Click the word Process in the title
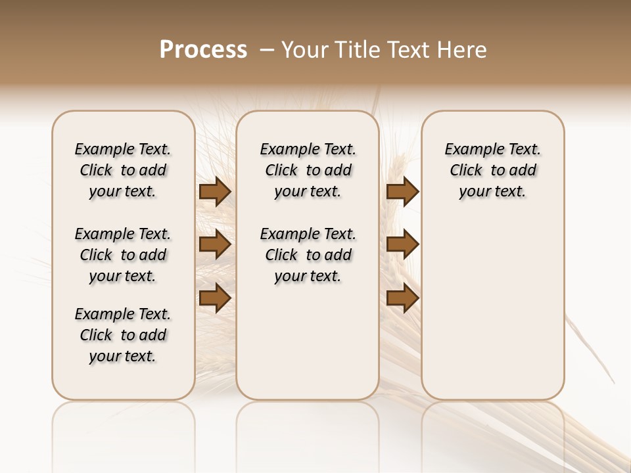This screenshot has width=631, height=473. (x=203, y=50)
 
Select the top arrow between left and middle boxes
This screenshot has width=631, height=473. (x=215, y=192)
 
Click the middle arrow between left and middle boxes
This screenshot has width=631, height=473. (x=215, y=245)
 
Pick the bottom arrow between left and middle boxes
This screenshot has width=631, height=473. (x=215, y=298)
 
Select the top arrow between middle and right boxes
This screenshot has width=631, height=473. (x=403, y=192)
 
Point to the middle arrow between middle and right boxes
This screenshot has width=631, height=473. (x=403, y=245)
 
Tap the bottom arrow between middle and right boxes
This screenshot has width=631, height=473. (x=403, y=298)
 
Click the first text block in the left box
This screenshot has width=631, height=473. (x=123, y=170)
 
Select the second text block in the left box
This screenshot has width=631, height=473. (x=123, y=255)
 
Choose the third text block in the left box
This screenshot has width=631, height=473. (x=123, y=335)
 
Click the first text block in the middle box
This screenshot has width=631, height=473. (x=308, y=170)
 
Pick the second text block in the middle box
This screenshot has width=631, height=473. (x=308, y=255)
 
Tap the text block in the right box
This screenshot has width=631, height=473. (x=493, y=170)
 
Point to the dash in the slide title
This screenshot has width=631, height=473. (x=267, y=50)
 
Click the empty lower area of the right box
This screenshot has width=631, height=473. (x=493, y=309)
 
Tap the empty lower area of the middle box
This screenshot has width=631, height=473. (x=308, y=342)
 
